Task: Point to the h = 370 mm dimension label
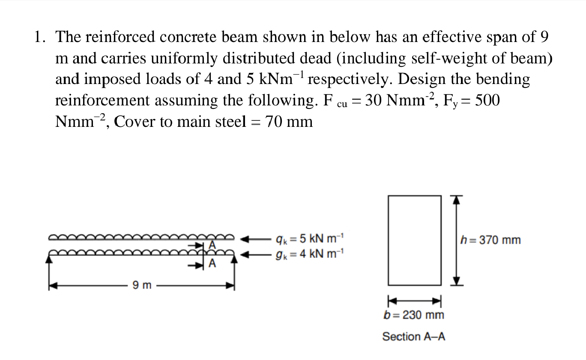point(490,240)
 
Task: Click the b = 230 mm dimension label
point(413,315)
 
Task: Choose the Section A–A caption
point(413,337)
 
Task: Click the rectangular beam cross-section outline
point(414,240)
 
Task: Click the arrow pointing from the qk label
point(255,239)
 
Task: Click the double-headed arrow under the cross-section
point(414,300)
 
